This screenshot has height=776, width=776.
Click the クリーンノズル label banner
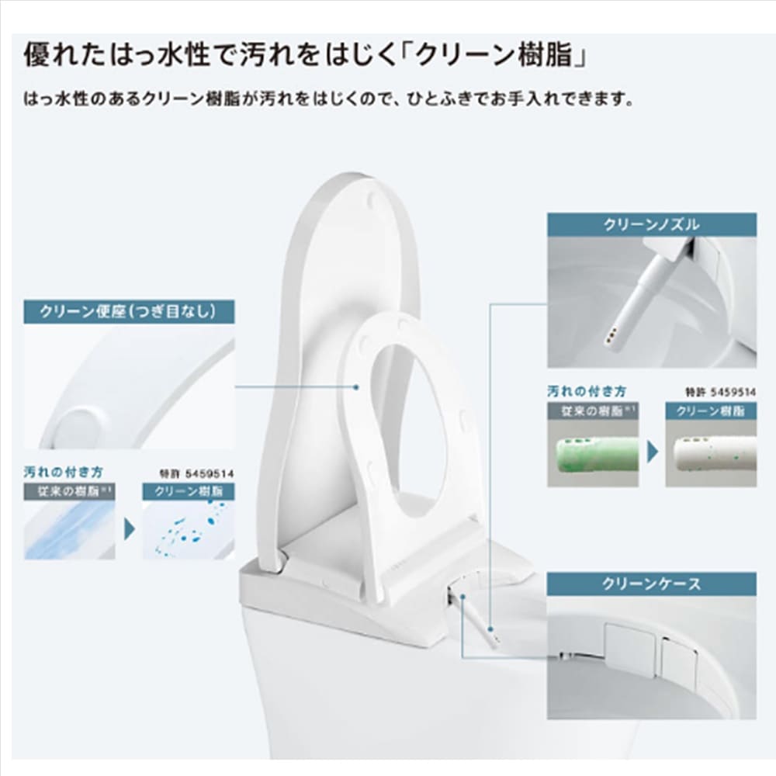click(651, 225)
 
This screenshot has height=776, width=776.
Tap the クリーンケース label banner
click(651, 584)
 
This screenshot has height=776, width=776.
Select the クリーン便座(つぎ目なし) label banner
click(129, 312)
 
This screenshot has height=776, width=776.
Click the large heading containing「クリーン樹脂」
click(305, 55)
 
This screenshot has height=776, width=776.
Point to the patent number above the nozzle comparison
click(721, 393)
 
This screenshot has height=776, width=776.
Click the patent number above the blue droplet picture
click(197, 473)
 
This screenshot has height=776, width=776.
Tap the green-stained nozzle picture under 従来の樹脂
click(592, 453)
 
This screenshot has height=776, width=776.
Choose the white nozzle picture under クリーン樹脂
click(711, 453)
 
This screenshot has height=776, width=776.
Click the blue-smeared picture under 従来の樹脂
click(69, 530)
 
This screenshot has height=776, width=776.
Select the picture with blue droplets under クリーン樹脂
click(189, 530)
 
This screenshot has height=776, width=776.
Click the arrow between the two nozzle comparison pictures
click(653, 452)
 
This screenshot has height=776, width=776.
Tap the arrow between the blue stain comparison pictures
click(129, 529)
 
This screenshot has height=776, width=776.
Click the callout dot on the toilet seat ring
click(356, 387)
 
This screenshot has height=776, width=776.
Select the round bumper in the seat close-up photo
click(79, 427)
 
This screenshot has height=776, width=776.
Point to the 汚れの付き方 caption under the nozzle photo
click(587, 391)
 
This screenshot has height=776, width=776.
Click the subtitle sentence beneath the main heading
click(328, 99)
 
